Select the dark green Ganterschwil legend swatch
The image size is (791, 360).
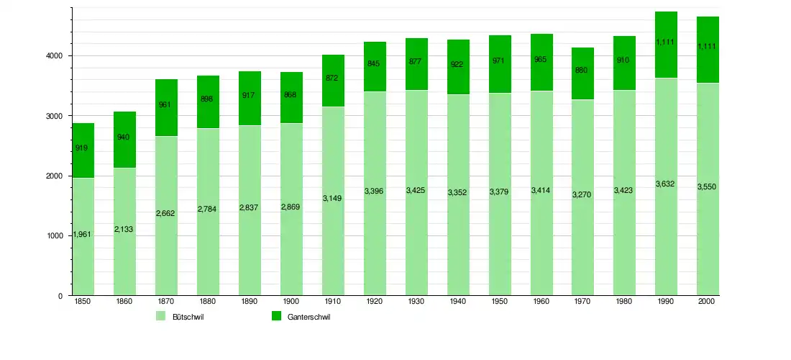click(275, 317)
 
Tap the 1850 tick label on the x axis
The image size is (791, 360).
click(83, 302)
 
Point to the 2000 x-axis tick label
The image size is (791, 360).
click(708, 302)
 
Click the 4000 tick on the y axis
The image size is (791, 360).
click(56, 56)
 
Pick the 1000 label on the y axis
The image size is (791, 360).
click(56, 236)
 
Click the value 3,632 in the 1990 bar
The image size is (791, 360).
click(666, 184)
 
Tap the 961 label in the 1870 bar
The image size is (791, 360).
click(165, 105)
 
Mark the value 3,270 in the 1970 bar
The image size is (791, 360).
click(582, 194)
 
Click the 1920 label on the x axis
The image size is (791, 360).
click(375, 302)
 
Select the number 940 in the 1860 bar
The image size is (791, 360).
click(124, 137)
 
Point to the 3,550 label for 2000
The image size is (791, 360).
click(708, 186)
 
